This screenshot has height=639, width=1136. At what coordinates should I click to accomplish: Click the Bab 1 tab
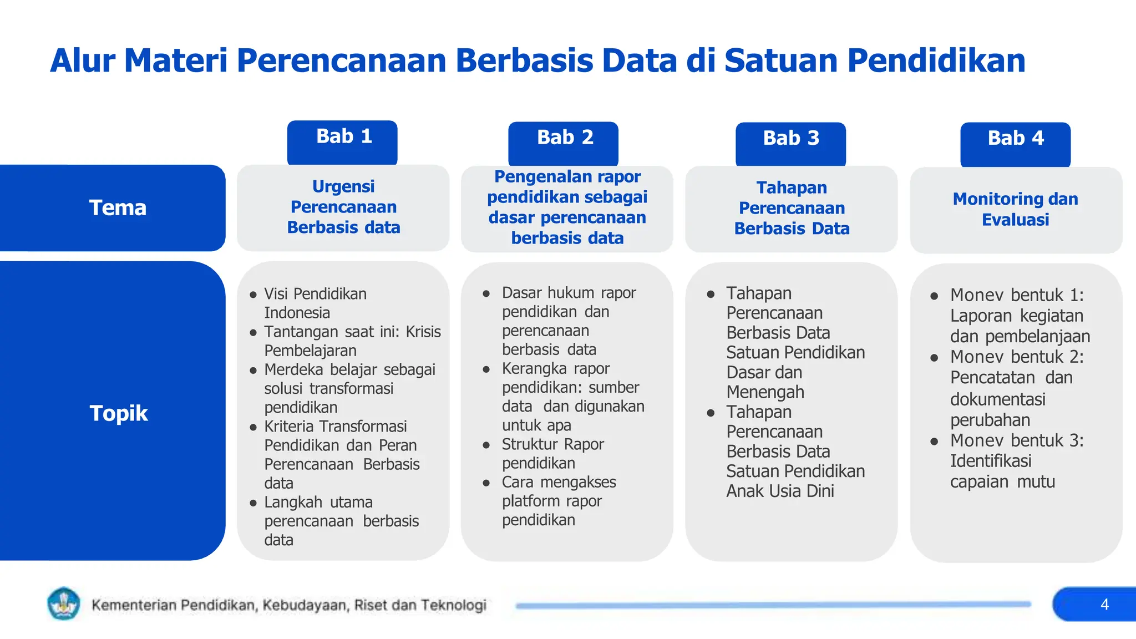click(342, 141)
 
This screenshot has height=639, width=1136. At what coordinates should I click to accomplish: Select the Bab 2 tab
click(563, 142)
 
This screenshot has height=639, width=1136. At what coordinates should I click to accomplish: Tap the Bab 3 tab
click(790, 143)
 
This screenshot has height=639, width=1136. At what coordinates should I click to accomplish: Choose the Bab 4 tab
click(1015, 143)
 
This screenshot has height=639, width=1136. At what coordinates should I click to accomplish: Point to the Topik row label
click(118, 413)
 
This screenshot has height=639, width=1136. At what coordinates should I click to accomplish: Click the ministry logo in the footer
click(64, 603)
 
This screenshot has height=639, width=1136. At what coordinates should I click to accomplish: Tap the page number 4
click(1104, 604)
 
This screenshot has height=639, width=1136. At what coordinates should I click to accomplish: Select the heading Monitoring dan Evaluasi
click(1015, 209)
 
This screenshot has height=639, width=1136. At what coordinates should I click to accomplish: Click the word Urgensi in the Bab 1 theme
click(343, 186)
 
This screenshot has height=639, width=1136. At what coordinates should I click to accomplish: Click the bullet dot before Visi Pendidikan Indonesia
click(253, 295)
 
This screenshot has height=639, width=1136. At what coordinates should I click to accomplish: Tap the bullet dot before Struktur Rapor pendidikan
click(486, 445)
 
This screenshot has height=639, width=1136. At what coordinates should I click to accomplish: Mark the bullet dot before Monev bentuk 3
click(934, 442)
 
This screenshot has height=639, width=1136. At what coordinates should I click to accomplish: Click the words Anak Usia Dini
click(780, 491)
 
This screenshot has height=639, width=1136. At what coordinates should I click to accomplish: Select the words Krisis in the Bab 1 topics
click(423, 332)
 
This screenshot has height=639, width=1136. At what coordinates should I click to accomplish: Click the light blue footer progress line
click(773, 605)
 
